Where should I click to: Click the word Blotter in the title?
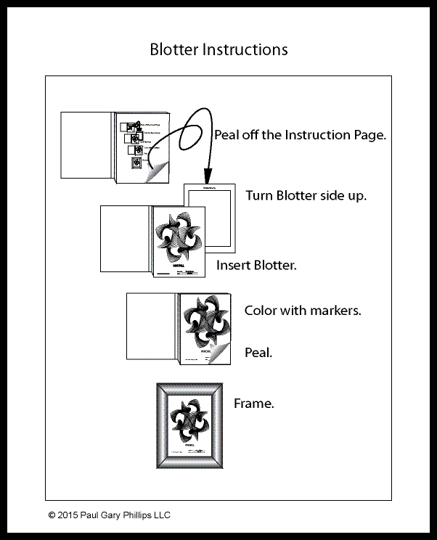[x=173, y=49]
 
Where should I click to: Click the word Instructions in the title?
[x=244, y=49]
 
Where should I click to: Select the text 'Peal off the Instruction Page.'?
[x=299, y=135]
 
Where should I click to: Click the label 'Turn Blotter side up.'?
[x=306, y=196]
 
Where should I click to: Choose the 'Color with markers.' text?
[x=303, y=311]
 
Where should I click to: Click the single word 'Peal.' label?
[x=258, y=353]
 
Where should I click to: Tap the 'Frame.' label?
[x=253, y=404]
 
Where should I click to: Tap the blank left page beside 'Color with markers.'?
[x=151, y=327]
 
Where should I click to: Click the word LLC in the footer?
[x=163, y=515]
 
